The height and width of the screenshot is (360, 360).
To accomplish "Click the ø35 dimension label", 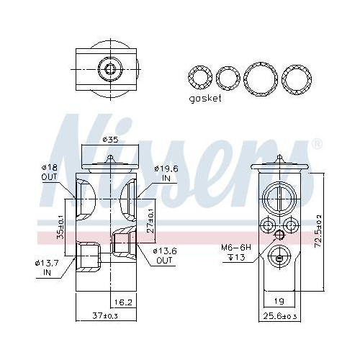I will point(109,140).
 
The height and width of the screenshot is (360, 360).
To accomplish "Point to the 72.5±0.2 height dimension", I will point(319,231).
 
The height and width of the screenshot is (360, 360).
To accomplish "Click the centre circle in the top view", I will point(109,69).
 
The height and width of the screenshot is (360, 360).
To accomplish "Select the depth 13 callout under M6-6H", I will point(236,258).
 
